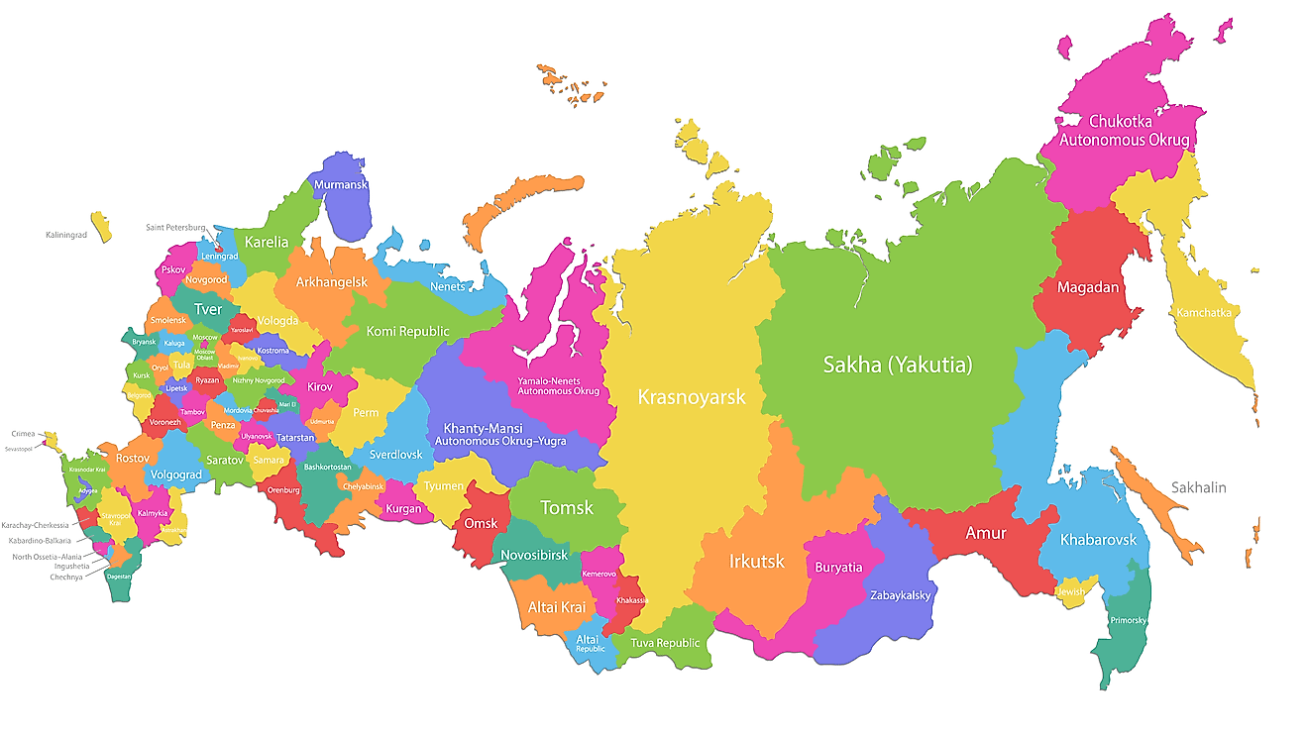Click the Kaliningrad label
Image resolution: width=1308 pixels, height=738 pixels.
(x=66, y=235)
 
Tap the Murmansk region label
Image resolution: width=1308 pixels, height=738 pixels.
(x=340, y=185)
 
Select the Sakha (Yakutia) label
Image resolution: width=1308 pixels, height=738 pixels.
(x=897, y=365)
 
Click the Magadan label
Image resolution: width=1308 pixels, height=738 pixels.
(x=1088, y=288)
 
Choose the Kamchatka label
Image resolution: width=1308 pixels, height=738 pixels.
(x=1204, y=313)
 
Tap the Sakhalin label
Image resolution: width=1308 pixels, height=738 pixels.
(x=1198, y=487)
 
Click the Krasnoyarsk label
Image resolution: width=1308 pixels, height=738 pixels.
(x=692, y=397)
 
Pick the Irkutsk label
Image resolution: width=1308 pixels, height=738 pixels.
(x=756, y=562)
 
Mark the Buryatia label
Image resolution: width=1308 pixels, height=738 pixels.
(x=838, y=568)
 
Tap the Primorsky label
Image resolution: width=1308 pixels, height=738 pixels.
(x=1129, y=621)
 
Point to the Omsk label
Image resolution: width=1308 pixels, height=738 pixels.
(x=481, y=523)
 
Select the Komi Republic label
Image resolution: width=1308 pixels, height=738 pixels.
(x=407, y=331)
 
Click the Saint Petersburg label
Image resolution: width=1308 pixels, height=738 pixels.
(x=175, y=227)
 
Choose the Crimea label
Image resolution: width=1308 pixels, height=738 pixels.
(x=23, y=434)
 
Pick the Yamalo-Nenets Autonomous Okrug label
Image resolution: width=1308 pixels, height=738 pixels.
(x=558, y=385)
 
